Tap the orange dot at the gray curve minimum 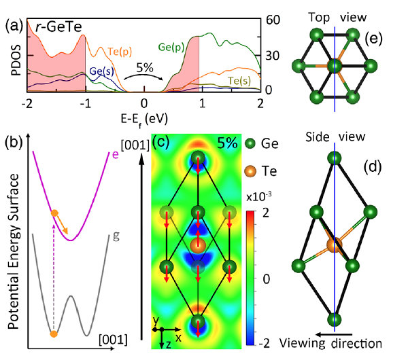[x=54, y=334]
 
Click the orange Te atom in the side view [x=335, y=245]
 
